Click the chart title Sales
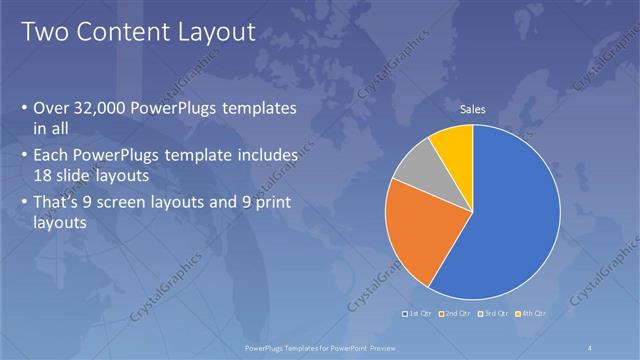(x=472, y=109)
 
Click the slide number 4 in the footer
(x=591, y=347)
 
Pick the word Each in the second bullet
(x=52, y=156)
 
